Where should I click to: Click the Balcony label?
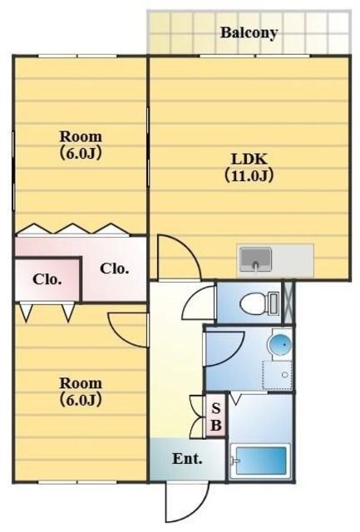tap(249, 33)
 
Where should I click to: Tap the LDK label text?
tap(249, 159)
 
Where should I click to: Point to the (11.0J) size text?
tap(249, 175)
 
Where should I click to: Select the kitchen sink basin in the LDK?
tap(255, 259)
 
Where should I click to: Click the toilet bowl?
tap(254, 303)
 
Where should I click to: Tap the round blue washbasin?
tap(280, 344)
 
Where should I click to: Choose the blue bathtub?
tap(260, 461)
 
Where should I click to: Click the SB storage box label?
tap(216, 416)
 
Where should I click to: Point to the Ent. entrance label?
tap(187, 459)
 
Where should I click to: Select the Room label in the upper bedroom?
tap(81, 136)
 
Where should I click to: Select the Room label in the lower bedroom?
tap(81, 383)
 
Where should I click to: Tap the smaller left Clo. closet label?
tap(47, 279)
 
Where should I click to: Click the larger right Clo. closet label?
tap(115, 268)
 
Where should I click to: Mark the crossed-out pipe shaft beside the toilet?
tap(289, 303)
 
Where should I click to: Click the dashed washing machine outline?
tap(277, 375)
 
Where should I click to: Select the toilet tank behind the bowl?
tap(274, 303)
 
